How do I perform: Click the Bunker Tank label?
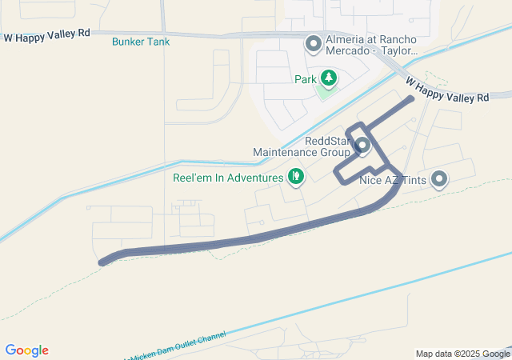141,41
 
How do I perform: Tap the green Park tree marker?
328,78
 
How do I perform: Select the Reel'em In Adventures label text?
228,177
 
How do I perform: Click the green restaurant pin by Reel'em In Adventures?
296,176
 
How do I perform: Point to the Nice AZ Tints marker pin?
438,179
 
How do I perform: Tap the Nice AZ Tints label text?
392,180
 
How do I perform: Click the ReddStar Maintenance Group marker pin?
362,146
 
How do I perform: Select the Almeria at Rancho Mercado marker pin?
314,42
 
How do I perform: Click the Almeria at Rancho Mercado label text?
371,45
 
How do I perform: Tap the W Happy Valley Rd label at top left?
46,37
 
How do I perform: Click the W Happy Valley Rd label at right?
446,89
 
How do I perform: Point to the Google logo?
26,350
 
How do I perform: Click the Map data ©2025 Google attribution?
462,354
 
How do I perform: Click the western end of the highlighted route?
102,262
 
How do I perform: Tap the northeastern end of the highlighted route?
411,98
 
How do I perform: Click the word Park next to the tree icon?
305,79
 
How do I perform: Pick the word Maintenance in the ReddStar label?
290,151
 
